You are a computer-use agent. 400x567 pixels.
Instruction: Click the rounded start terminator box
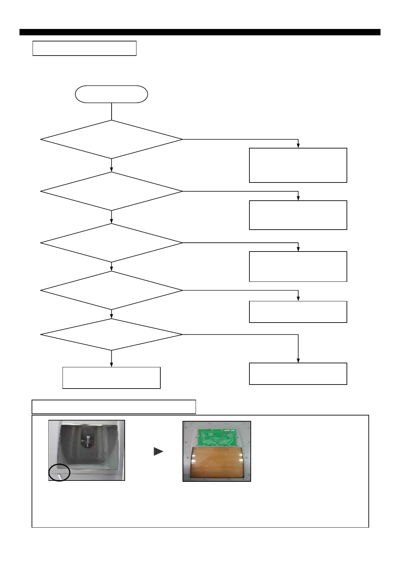(111, 94)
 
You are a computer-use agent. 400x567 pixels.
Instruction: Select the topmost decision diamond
(111, 139)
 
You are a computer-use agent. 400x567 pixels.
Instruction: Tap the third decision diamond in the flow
(111, 243)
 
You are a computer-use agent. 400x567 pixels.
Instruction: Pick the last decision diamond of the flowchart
(111, 335)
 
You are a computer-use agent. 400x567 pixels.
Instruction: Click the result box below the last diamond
(111, 378)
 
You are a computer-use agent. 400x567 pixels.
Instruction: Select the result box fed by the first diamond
(298, 165)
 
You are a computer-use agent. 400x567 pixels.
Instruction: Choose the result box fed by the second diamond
(298, 215)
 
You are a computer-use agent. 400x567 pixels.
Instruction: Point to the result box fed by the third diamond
(298, 266)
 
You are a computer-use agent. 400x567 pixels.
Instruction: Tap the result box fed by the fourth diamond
(298, 312)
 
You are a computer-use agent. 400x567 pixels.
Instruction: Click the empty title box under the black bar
(84, 48)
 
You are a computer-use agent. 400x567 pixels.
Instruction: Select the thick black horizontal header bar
(200, 32)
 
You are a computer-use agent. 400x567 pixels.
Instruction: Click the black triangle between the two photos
(158, 452)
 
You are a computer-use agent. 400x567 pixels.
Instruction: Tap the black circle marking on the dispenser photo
(59, 472)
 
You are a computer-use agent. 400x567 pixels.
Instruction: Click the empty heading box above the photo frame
(114, 407)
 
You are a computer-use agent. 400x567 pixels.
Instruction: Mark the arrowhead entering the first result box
(298, 145)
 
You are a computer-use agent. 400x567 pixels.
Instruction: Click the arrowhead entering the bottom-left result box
(111, 365)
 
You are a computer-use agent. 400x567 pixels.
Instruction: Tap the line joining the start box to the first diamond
(111, 111)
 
